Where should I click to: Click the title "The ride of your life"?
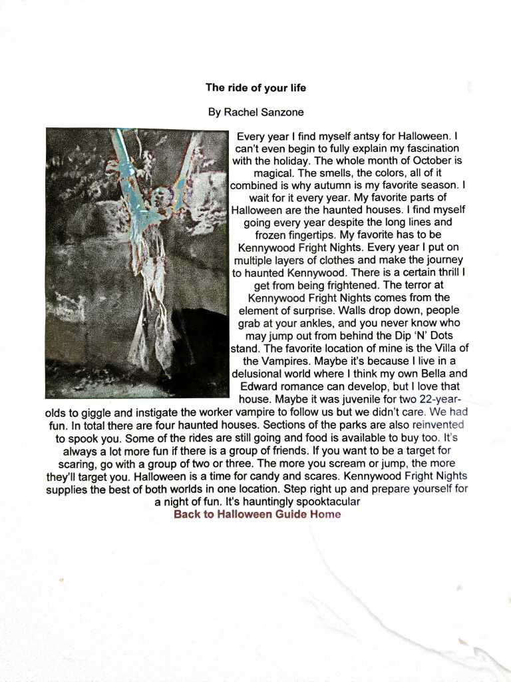255,87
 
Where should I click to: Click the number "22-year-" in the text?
441,399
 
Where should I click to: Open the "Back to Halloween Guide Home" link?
257,514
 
